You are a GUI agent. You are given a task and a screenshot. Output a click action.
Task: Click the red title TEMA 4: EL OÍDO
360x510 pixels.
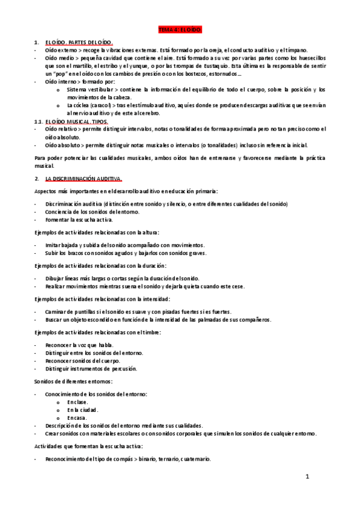pyautogui.click(x=180, y=29)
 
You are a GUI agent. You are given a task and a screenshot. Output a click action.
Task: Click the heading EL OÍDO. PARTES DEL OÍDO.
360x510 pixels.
pyautogui.click(x=78, y=41)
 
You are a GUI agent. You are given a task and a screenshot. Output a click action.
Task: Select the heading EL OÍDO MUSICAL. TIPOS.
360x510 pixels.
pyautogui.click(x=77, y=121)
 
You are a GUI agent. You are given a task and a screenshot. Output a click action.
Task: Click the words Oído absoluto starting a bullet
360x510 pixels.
pyautogui.click(x=64, y=145)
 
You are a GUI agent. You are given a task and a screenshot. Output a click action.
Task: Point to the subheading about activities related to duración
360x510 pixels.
pyautogui.click(x=100, y=265)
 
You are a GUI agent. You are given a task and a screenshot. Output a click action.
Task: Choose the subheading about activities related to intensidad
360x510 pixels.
pyautogui.click(x=102, y=299)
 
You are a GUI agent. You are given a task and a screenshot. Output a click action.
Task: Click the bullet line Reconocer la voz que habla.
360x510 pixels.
pyautogui.click(x=79, y=345)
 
